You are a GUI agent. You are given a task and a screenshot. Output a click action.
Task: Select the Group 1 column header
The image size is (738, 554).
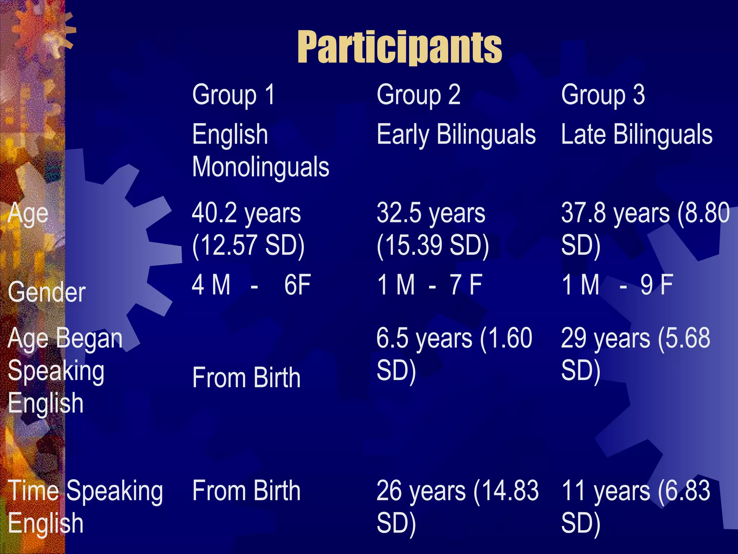(233, 95)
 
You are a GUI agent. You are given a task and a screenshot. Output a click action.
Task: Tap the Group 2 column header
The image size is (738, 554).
(418, 95)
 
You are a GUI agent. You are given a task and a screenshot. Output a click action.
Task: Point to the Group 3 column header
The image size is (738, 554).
(603, 95)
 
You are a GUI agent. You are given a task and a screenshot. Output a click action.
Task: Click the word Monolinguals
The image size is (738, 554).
(261, 167)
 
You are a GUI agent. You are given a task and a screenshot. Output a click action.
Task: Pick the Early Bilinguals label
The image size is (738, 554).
(456, 134)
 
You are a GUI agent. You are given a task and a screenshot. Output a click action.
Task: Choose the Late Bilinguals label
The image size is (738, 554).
(636, 134)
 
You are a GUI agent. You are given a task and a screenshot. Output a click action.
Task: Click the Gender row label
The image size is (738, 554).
(46, 292)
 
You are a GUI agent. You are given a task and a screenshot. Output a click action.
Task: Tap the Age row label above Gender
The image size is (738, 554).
(28, 214)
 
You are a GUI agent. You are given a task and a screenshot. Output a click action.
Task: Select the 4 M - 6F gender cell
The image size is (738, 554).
(251, 285)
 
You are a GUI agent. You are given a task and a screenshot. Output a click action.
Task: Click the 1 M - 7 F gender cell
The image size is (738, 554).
(429, 285)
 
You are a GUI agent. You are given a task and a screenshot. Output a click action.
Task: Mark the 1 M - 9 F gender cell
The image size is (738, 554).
(617, 285)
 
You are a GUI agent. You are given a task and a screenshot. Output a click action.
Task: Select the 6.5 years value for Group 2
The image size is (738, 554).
(424, 338)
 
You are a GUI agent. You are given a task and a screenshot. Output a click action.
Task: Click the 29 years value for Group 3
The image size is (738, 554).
(605, 338)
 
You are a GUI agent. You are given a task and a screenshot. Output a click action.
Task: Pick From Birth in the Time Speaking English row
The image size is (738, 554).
(246, 491)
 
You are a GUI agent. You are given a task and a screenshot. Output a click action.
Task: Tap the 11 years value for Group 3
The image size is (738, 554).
(605, 491)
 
